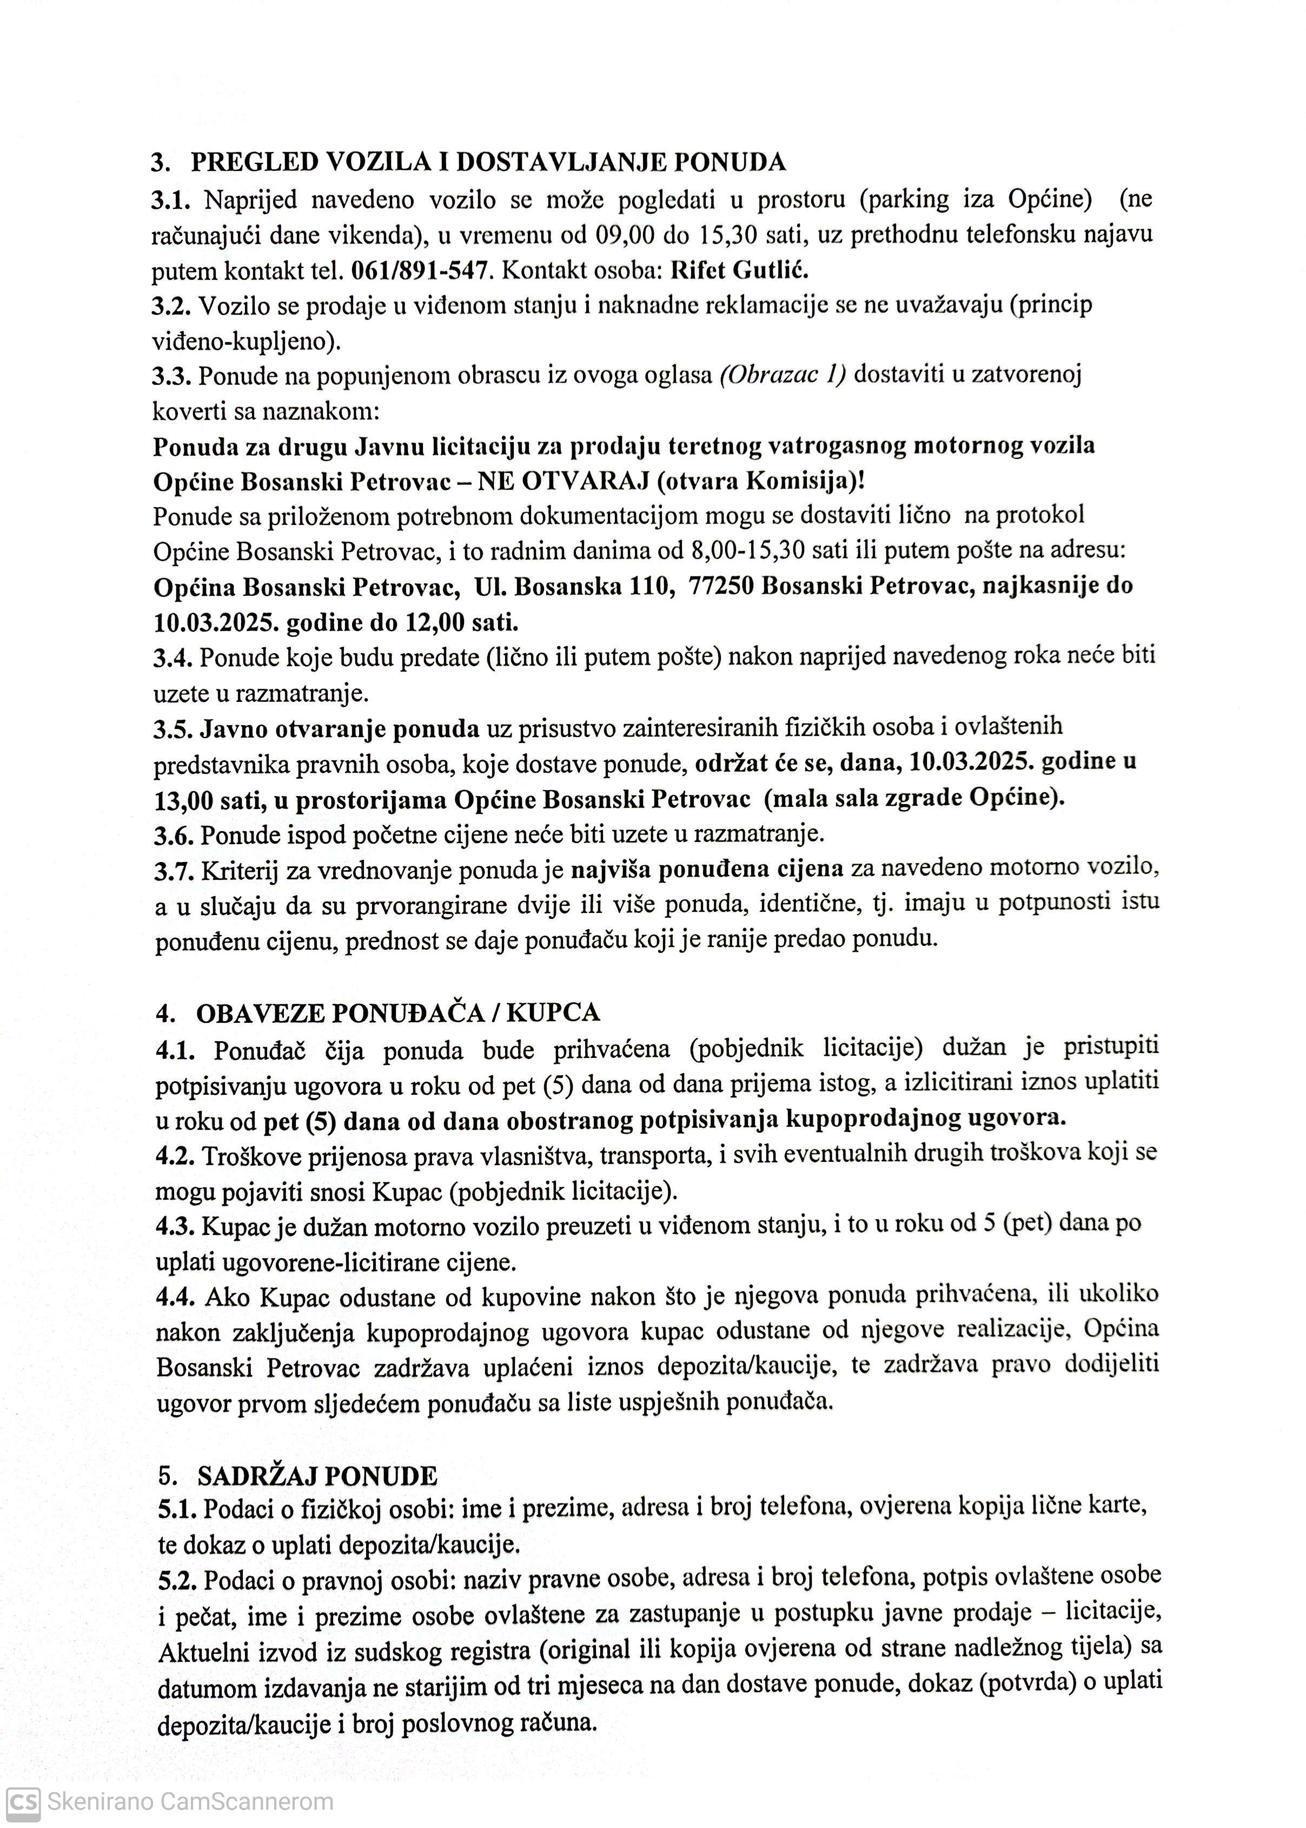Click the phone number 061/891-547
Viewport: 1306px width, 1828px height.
[421, 271]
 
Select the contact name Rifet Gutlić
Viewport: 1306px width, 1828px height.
[739, 271]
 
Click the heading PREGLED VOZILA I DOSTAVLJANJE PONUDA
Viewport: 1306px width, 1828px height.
[487, 162]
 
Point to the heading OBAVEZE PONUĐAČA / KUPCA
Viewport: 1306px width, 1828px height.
[398, 1012]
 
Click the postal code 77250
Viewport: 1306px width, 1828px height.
[720, 587]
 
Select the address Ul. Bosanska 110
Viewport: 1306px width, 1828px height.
[574, 587]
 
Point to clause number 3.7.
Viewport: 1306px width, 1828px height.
[174, 870]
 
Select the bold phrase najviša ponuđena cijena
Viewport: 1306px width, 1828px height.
[707, 869]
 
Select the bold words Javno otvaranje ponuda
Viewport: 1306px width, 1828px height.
[340, 729]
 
